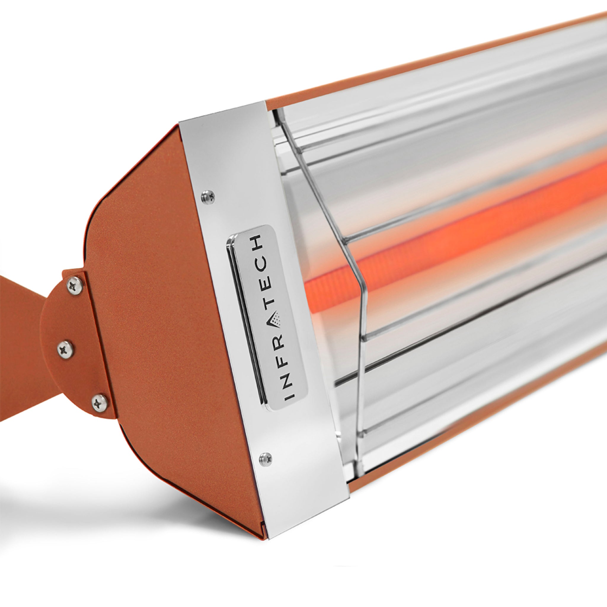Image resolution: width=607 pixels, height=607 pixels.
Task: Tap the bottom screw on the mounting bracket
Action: click(x=100, y=402)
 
